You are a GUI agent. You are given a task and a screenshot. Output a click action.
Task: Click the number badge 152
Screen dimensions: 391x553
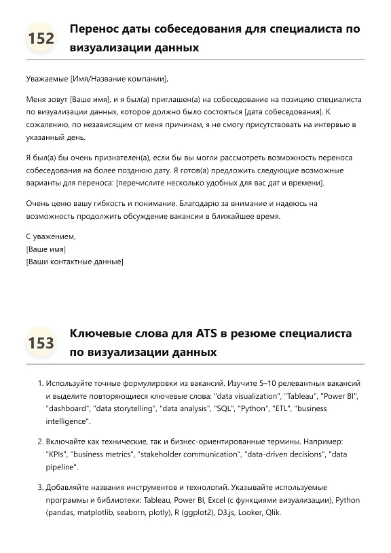click(x=41, y=38)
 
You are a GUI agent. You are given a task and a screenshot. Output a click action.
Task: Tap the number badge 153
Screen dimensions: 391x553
click(x=41, y=342)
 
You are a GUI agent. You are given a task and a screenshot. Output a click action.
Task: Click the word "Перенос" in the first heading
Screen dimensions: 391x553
click(x=94, y=29)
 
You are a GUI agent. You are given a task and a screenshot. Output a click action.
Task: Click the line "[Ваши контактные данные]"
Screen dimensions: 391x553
click(x=75, y=262)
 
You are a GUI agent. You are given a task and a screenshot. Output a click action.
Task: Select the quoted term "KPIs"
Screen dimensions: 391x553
click(x=57, y=454)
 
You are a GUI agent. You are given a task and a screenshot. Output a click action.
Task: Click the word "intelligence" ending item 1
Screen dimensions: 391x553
click(x=67, y=421)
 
